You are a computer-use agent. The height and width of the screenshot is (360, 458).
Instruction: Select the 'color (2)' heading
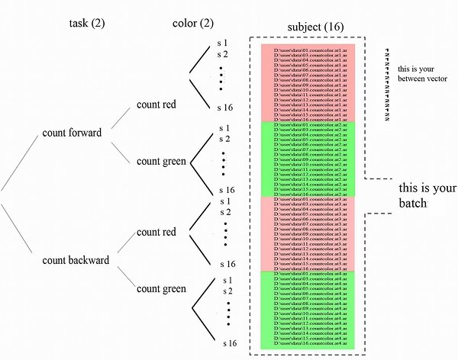pos(192,23)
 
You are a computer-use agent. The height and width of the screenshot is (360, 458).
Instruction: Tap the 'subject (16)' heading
pos(314,27)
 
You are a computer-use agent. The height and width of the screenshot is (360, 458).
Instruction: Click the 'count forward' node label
pos(73,133)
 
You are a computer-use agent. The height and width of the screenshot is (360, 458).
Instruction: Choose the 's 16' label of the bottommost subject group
pos(227,344)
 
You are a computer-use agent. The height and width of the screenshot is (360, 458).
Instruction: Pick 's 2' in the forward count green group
pos(223,139)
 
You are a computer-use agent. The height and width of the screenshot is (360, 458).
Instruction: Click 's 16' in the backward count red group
pos(227,264)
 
